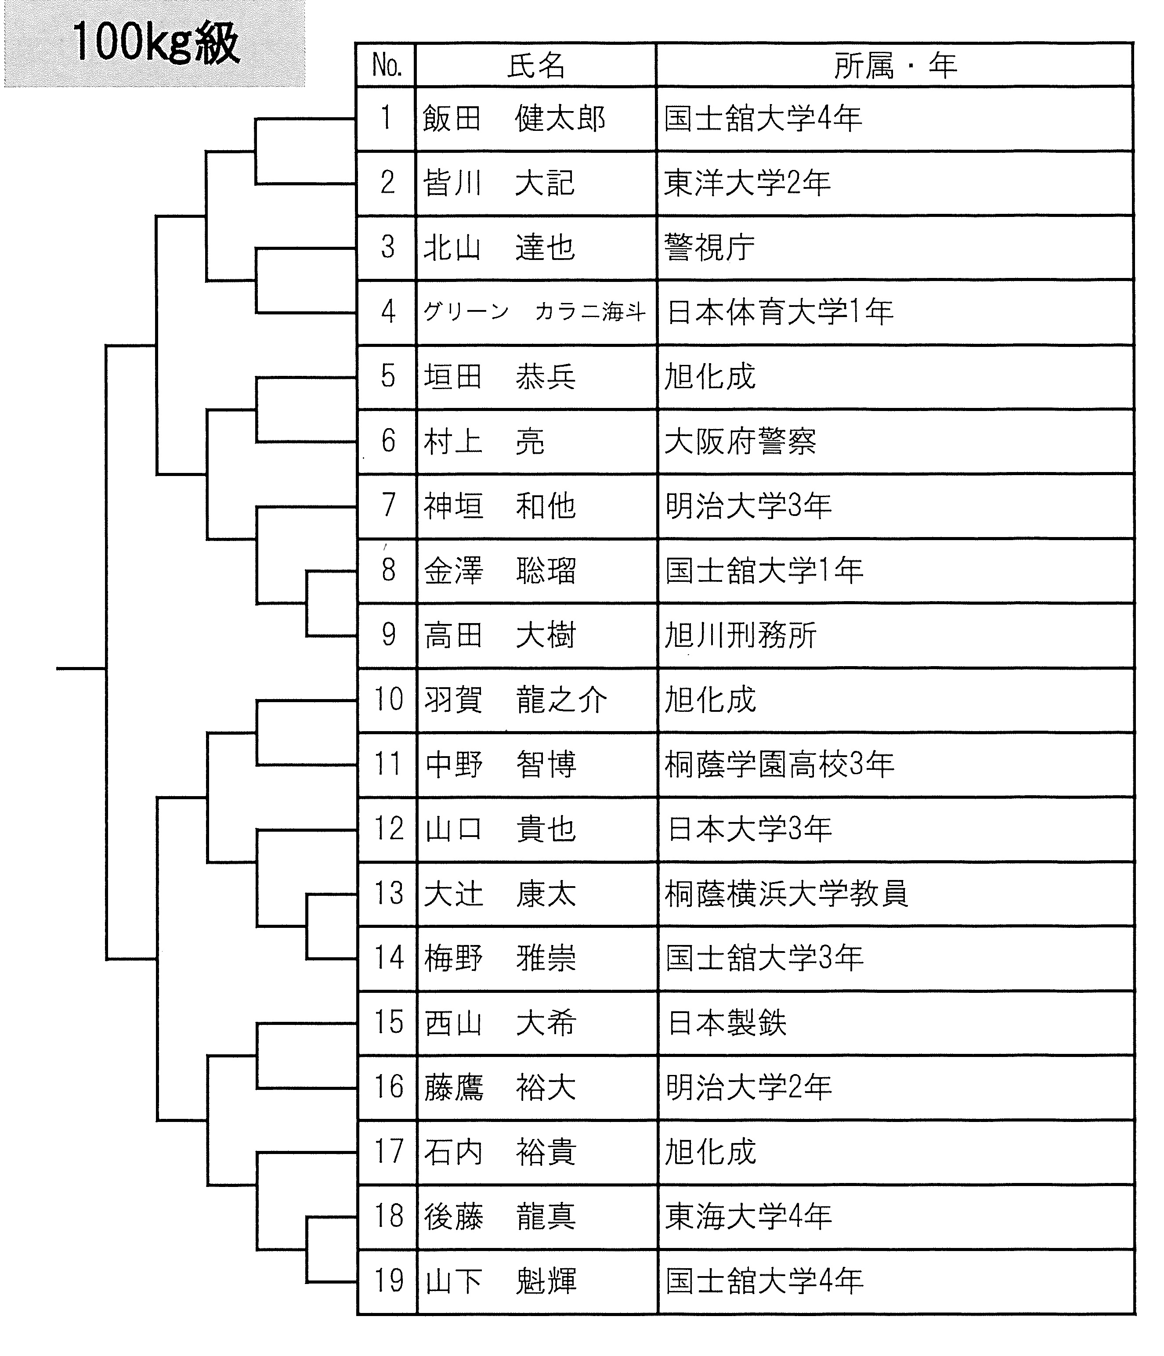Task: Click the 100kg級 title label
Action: (x=156, y=43)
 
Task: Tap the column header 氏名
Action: (x=535, y=65)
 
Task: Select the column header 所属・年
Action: (x=895, y=65)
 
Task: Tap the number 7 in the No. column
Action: (x=388, y=505)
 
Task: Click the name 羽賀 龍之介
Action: (x=515, y=700)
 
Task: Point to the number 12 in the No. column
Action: (x=389, y=829)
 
